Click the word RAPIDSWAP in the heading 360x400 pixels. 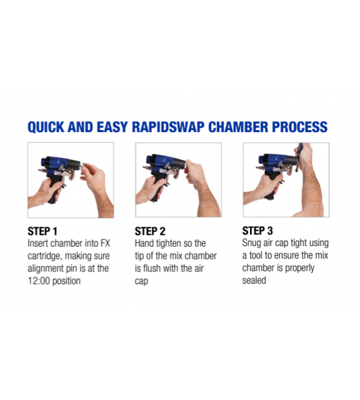[x=169, y=127]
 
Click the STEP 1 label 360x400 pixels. [x=43, y=231]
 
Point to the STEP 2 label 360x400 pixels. [x=150, y=231]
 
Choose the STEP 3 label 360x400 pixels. [x=257, y=231]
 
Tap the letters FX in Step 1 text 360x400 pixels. [x=105, y=243]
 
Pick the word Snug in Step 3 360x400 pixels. [x=251, y=243]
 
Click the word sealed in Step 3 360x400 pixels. [x=254, y=281]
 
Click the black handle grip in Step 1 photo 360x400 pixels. [x=55, y=189]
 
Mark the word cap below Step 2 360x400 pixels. [x=141, y=281]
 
